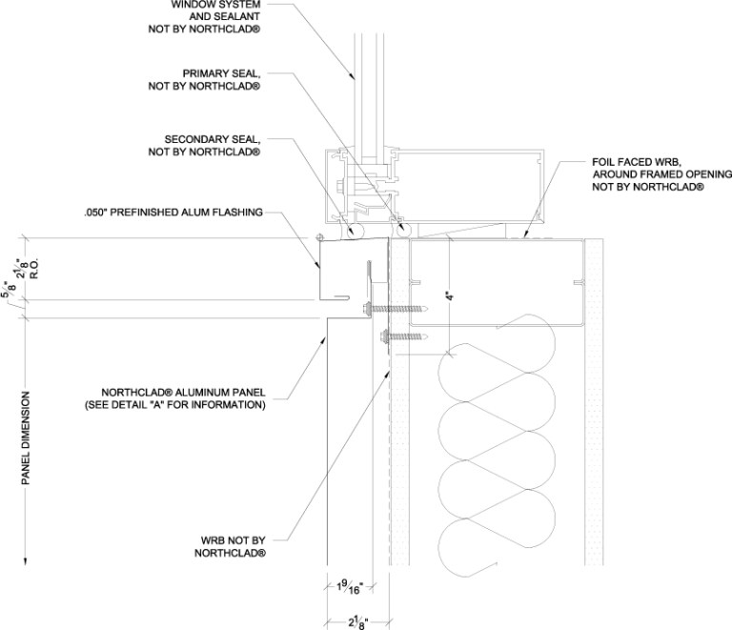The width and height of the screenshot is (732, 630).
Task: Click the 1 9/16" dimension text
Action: point(350,587)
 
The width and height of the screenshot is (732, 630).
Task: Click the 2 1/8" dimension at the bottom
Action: point(358,621)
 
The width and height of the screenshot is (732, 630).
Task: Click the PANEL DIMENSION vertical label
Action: point(26,437)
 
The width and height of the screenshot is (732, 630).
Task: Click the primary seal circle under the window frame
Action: point(403,229)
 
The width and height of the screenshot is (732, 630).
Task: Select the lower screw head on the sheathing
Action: point(385,335)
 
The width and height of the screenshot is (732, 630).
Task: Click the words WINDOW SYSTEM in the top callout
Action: point(215,5)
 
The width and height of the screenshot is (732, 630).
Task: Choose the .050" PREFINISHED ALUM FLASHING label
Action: point(173,213)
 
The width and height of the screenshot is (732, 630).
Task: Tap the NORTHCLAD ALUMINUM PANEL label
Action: point(183,393)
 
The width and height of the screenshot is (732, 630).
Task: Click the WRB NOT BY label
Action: point(233,540)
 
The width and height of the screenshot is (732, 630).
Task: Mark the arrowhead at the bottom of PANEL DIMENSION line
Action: point(26,560)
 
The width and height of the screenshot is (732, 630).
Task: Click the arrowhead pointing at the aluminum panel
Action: point(322,341)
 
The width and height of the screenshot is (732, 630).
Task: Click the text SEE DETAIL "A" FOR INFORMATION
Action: point(175,405)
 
